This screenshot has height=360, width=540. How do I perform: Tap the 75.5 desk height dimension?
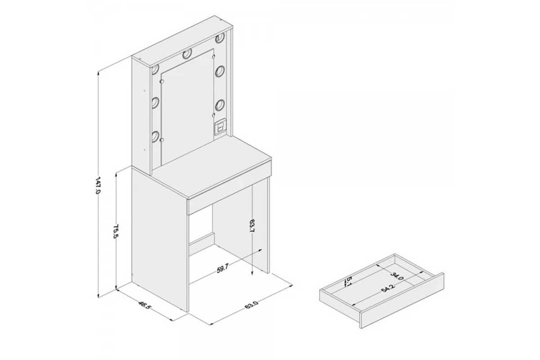(x=116, y=231)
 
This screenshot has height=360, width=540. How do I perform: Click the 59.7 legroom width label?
(x=222, y=268)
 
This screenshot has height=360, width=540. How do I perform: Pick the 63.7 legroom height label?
(x=252, y=226)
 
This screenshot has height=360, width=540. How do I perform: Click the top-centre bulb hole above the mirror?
(x=187, y=54)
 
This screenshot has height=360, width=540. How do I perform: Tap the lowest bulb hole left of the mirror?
(x=155, y=136)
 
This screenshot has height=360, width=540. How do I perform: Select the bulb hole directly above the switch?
(x=220, y=105)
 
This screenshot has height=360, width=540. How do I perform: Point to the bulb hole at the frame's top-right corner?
(x=220, y=38)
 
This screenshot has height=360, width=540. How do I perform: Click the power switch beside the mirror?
(x=220, y=126)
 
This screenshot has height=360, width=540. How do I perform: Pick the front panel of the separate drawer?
(x=402, y=301)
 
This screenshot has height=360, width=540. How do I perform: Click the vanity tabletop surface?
(x=212, y=166)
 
